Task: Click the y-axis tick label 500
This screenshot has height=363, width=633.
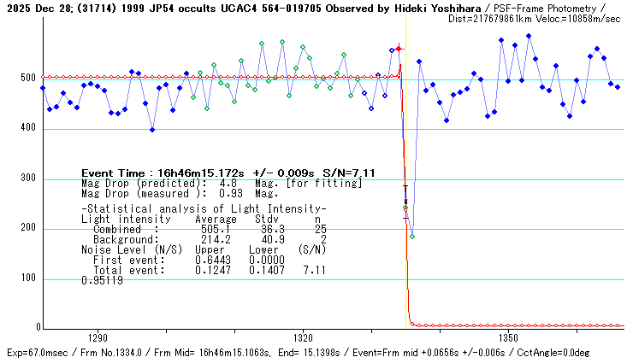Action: coord(28,79)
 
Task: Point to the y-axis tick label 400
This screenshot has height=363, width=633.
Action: coord(28,129)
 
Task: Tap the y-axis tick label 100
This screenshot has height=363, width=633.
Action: coord(28,278)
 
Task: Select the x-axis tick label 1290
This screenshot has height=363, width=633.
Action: coord(97,337)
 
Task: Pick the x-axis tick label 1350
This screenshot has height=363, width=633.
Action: coord(509,337)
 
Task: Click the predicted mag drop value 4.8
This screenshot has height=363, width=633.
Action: coord(228,183)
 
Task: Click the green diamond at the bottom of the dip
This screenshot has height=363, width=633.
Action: coord(412,236)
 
